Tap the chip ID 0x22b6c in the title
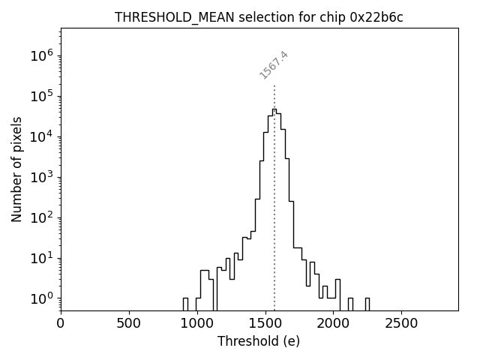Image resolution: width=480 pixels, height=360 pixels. click(376, 17)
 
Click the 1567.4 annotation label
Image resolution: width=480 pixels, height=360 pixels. click(274, 65)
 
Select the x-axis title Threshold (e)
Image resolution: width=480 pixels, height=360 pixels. click(259, 341)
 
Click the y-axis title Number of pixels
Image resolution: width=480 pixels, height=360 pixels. click(16, 169)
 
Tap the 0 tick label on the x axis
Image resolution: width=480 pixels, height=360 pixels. click(61, 324)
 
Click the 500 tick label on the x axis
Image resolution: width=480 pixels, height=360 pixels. click(129, 324)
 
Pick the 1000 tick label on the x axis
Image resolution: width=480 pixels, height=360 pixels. click(197, 324)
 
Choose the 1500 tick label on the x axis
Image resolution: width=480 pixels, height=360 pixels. click(265, 324)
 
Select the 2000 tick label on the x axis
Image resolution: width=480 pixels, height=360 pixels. click(333, 324)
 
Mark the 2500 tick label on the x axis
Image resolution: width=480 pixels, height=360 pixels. click(401, 324)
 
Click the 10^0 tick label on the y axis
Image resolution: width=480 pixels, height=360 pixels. click(41, 298)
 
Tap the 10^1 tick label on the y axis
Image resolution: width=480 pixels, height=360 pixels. click(41, 258)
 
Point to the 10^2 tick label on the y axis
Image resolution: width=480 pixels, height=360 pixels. click(41, 217)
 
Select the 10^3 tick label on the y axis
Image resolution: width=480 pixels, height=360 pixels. click(41, 177)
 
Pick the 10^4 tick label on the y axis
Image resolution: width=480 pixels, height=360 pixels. click(41, 136)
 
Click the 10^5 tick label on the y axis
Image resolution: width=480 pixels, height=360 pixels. click(41, 96)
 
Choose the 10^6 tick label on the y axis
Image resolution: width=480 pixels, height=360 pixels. click(41, 55)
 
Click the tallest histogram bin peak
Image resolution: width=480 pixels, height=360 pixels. click(274, 109)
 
